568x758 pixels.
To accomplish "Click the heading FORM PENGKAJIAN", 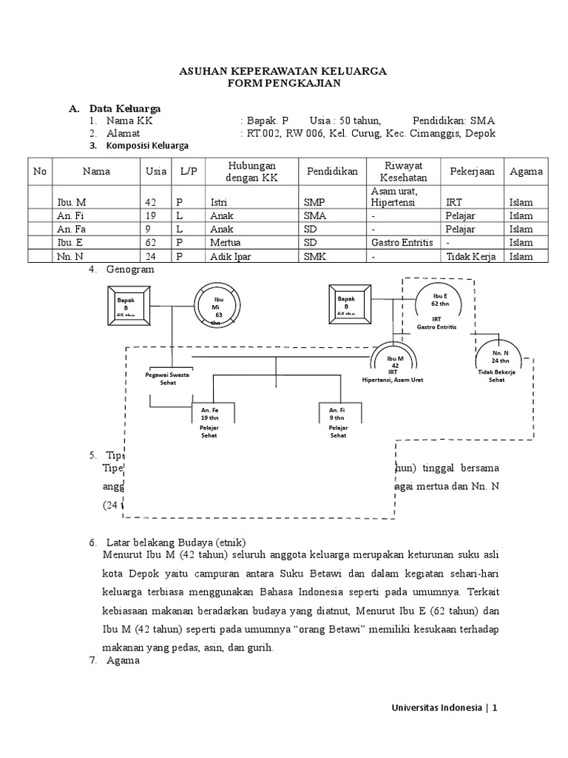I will click(283, 84).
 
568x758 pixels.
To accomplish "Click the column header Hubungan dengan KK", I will click(251, 171).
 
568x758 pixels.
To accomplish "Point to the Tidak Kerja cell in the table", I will click(470, 256).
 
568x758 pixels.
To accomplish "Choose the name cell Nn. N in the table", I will click(68, 256).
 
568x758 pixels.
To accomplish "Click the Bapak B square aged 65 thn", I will click(126, 303).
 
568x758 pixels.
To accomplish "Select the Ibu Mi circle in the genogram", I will click(216, 305).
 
